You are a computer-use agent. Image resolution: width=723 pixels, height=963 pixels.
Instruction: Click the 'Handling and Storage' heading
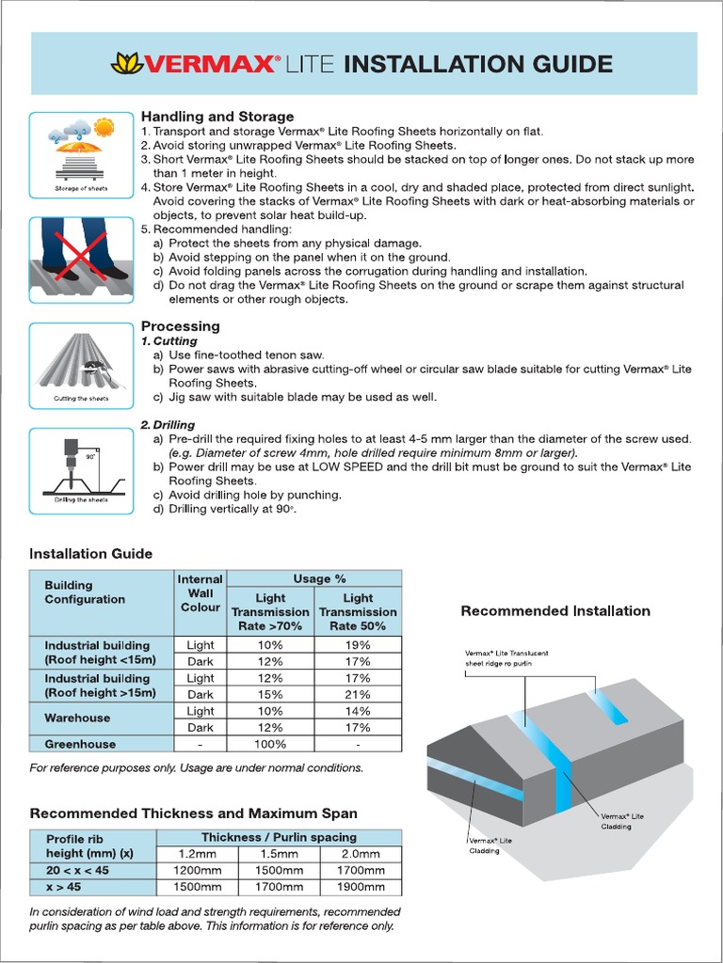pos(217,117)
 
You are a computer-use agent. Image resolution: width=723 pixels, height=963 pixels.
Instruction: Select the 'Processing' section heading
pos(180,326)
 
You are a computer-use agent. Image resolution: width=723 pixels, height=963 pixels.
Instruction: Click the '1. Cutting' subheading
pos(169,341)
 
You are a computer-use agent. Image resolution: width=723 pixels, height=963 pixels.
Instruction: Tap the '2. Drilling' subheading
pos(169,425)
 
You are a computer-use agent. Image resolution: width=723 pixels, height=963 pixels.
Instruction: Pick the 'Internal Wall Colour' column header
pos(200,593)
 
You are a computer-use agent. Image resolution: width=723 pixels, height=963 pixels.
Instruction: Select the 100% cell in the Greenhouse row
pos(270,744)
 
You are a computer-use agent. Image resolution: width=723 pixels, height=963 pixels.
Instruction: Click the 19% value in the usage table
pos(358,645)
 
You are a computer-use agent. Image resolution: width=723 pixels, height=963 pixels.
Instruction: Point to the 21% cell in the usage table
pos(358,695)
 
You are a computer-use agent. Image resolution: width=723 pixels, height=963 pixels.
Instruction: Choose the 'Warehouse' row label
pos(77,718)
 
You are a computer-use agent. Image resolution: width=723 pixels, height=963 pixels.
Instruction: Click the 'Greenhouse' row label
pos(80,744)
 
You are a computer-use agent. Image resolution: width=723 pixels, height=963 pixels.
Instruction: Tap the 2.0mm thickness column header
pos(361,854)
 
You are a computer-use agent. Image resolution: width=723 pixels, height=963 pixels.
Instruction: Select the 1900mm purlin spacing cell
pos(361,888)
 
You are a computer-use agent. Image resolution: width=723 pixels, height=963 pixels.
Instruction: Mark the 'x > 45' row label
pos(64,888)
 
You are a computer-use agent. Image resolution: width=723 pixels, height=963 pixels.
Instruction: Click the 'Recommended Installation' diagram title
pos(555,611)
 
